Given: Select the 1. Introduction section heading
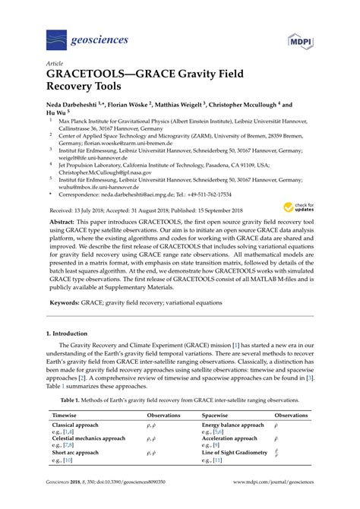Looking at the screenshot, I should pos(74,334).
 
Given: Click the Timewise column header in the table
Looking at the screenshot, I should pos(66,416).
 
